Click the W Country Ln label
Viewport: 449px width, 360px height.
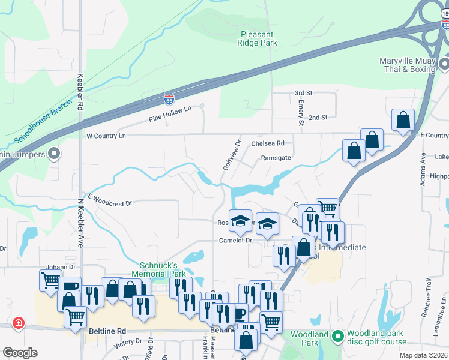[x=106, y=136]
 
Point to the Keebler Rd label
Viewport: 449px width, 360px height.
[x=80, y=92]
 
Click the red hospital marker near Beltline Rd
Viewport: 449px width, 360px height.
[x=19, y=323]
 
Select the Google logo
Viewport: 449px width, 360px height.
[x=20, y=352]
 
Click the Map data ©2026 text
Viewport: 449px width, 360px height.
[x=424, y=355]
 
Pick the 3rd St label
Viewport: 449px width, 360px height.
[x=304, y=93]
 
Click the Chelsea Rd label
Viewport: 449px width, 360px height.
[x=268, y=143]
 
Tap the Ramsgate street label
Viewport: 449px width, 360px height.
[x=275, y=158]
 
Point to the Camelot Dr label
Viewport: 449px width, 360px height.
[x=234, y=240]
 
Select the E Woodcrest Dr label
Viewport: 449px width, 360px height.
[x=109, y=200]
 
